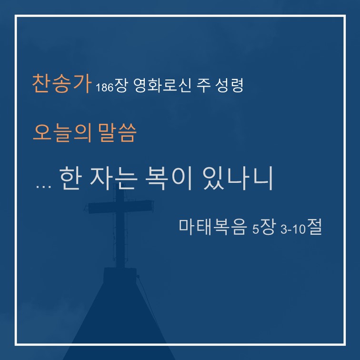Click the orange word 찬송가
(61, 83)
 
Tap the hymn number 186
(105, 87)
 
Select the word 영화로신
(162, 85)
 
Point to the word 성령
(229, 85)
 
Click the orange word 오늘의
(62, 133)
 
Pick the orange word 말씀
(117, 133)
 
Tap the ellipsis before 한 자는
(44, 187)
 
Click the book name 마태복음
(212, 227)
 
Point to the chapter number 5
(255, 229)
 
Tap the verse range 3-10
(293, 229)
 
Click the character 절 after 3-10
(315, 226)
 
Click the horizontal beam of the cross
(121, 207)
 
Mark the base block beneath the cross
(120, 275)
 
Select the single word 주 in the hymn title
(203, 85)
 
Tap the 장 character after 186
(120, 85)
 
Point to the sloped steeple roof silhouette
(120, 321)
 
